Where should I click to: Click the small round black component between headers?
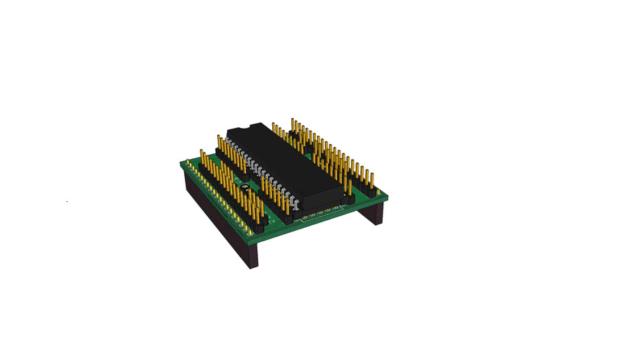click(245, 189)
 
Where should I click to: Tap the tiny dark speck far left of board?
click(67, 202)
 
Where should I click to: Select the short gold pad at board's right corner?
click(380, 194)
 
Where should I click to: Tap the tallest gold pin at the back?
click(293, 124)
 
